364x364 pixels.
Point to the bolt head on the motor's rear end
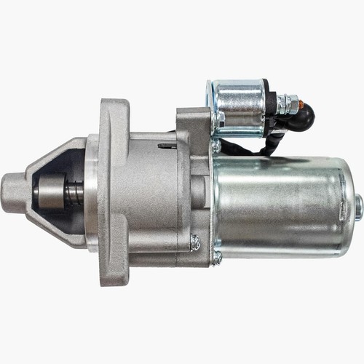[358, 207]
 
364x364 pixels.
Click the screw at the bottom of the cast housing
[195, 243]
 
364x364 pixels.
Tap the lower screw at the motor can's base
[217, 257]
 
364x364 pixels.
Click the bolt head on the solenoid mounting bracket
[216, 146]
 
